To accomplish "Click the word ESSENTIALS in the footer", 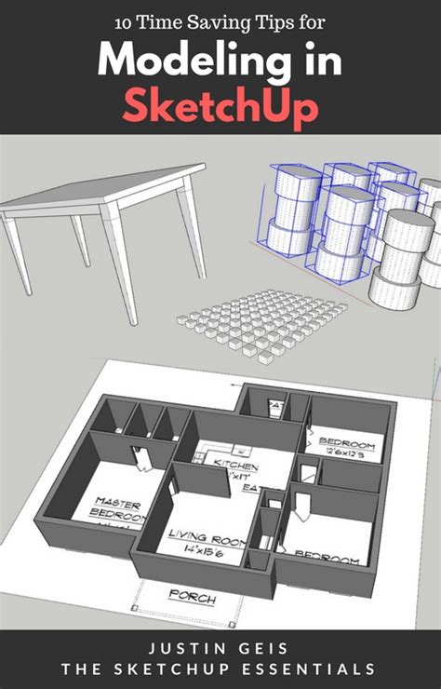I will tap(316, 669).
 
